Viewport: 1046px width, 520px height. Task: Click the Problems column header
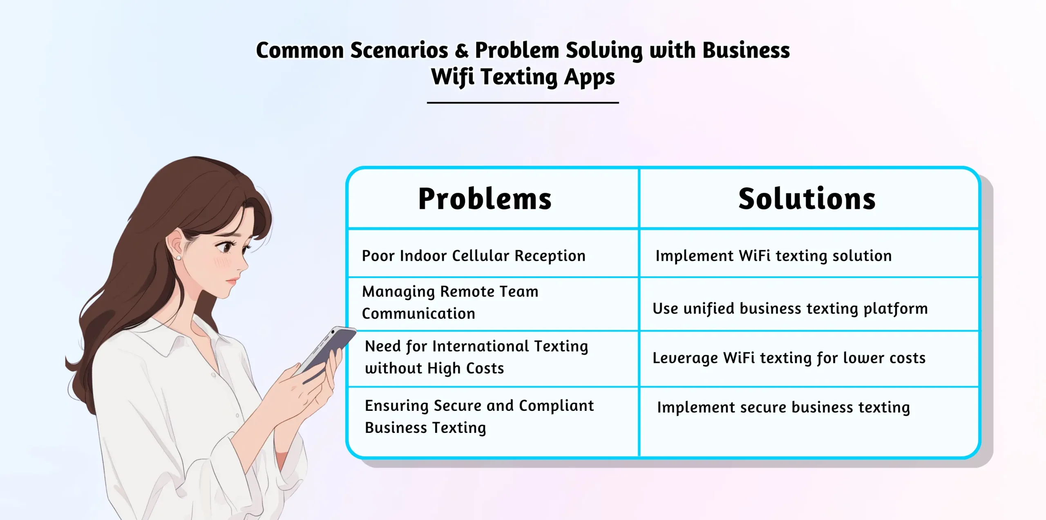485,199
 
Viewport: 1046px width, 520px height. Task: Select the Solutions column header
807,199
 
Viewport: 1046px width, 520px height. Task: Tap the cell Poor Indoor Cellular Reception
474,256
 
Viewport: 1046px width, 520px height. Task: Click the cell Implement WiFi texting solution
773,256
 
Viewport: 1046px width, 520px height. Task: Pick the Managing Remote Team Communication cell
450,303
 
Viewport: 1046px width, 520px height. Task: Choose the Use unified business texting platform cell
790,309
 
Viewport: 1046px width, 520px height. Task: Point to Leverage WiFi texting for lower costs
789,358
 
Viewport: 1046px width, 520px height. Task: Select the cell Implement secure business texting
783,408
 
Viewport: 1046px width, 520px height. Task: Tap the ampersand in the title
461,51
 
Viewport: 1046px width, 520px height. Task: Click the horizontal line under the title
523,103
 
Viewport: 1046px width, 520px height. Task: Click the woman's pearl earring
179,258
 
